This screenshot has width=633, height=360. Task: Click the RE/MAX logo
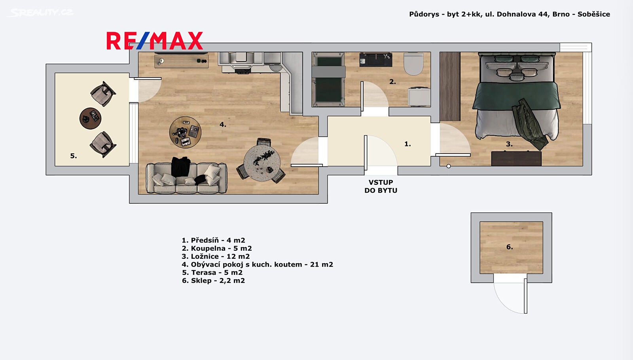coord(155,41)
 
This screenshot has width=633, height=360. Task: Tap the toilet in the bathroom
coord(413,64)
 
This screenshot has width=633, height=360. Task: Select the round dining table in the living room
coord(262,163)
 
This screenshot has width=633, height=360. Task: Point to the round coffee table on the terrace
coord(90,118)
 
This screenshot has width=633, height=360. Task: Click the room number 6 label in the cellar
coord(510,247)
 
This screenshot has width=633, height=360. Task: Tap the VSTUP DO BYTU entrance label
coord(381,186)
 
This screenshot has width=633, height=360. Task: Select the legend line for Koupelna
coord(217,248)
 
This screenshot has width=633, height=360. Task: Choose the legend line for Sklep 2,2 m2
coord(213,280)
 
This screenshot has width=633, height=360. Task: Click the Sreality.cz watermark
coord(40,13)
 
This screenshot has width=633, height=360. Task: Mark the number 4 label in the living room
coord(223,124)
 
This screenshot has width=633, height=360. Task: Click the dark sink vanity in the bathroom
coord(375,60)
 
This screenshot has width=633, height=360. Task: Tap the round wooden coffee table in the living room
coord(185,132)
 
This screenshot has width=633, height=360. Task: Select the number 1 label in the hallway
coord(407,144)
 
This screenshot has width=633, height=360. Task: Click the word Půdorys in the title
coord(424,14)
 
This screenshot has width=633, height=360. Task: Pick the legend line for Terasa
coord(212,273)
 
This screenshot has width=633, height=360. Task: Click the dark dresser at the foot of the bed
coord(516,159)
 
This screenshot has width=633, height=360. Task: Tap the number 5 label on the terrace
coord(74,156)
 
